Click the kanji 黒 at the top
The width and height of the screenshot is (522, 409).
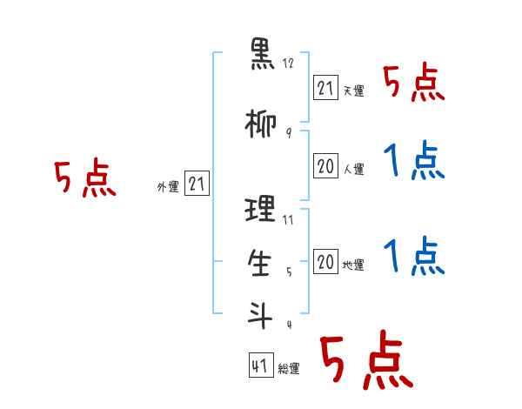pos(262,54)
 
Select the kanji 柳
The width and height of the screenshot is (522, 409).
pos(261,124)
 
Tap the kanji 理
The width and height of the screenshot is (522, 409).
pos(260,209)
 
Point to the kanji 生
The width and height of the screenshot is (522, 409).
pos(259,263)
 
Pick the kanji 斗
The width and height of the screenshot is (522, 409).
pos(260,315)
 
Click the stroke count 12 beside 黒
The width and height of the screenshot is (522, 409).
pos(288,64)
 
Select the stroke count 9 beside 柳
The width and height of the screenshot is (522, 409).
pos(289,133)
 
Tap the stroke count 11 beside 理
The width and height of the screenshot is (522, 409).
pos(288,220)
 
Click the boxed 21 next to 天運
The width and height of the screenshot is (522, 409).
pos(325,88)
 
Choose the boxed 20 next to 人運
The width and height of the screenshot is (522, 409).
pos(325,166)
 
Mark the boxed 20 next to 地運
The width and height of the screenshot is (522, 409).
pos(325,261)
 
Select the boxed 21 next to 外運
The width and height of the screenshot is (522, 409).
pos(197,184)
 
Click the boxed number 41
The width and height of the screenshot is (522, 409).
pos(261,365)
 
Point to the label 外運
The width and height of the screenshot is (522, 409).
pos(168,187)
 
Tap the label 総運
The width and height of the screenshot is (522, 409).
pos(289,369)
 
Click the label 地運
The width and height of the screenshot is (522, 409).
pos(353,265)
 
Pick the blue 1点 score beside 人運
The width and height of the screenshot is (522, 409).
pos(414,160)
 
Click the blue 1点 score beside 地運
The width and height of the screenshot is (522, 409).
pos(414,257)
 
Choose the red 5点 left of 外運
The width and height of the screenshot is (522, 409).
pos(85,178)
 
